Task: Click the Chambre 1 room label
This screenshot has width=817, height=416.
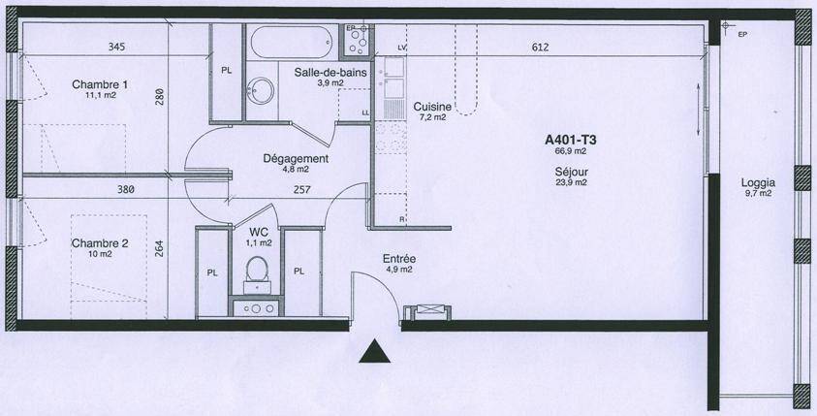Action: [100, 84]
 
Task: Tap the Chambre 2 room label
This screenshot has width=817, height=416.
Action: [100, 243]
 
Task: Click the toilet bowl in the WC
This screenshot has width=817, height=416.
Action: [257, 268]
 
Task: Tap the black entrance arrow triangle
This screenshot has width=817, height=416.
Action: [374, 351]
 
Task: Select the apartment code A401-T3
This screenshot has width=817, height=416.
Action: [571, 140]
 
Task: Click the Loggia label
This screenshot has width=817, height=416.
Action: [758, 183]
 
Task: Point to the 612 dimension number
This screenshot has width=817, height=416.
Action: [541, 48]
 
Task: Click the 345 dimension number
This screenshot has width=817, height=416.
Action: [116, 47]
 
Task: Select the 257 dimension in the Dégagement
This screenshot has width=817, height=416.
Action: [301, 190]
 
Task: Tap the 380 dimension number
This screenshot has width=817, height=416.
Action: [126, 190]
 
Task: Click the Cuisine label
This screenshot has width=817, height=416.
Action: [432, 107]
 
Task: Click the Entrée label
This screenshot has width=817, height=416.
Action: [399, 259]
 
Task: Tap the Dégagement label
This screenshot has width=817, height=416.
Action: [296, 158]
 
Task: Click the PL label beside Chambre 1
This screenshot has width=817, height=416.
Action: [226, 72]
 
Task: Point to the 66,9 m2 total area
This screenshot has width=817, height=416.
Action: [572, 151]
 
